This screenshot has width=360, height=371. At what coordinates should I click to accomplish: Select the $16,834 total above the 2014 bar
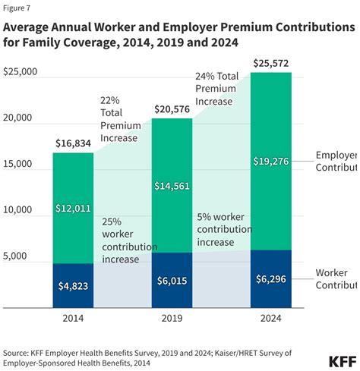(74, 143)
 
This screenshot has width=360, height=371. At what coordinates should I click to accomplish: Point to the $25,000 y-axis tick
(21, 72)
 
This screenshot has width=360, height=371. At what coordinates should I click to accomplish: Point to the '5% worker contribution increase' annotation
(224, 229)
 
